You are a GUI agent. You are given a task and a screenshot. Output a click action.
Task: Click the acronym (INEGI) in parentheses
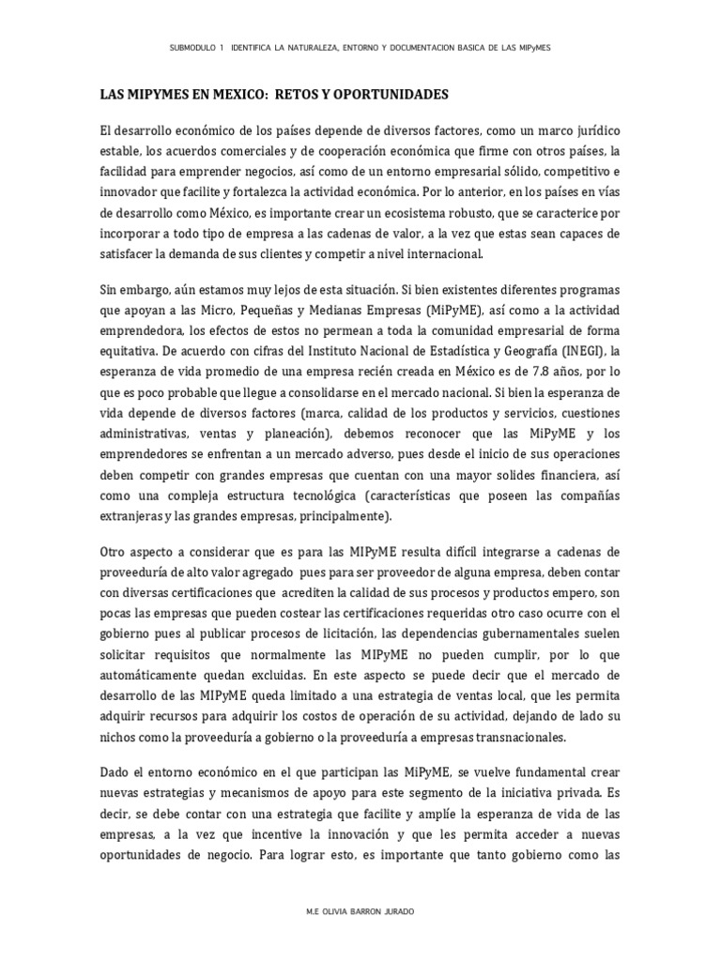coord(585,351)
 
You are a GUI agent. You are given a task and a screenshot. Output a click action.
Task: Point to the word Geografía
coord(524,351)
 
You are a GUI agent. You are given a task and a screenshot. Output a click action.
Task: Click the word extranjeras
coord(135,516)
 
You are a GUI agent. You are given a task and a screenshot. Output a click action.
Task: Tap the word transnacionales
coord(512,737)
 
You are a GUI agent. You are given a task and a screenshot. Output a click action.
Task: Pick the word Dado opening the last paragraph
coord(116,771)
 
